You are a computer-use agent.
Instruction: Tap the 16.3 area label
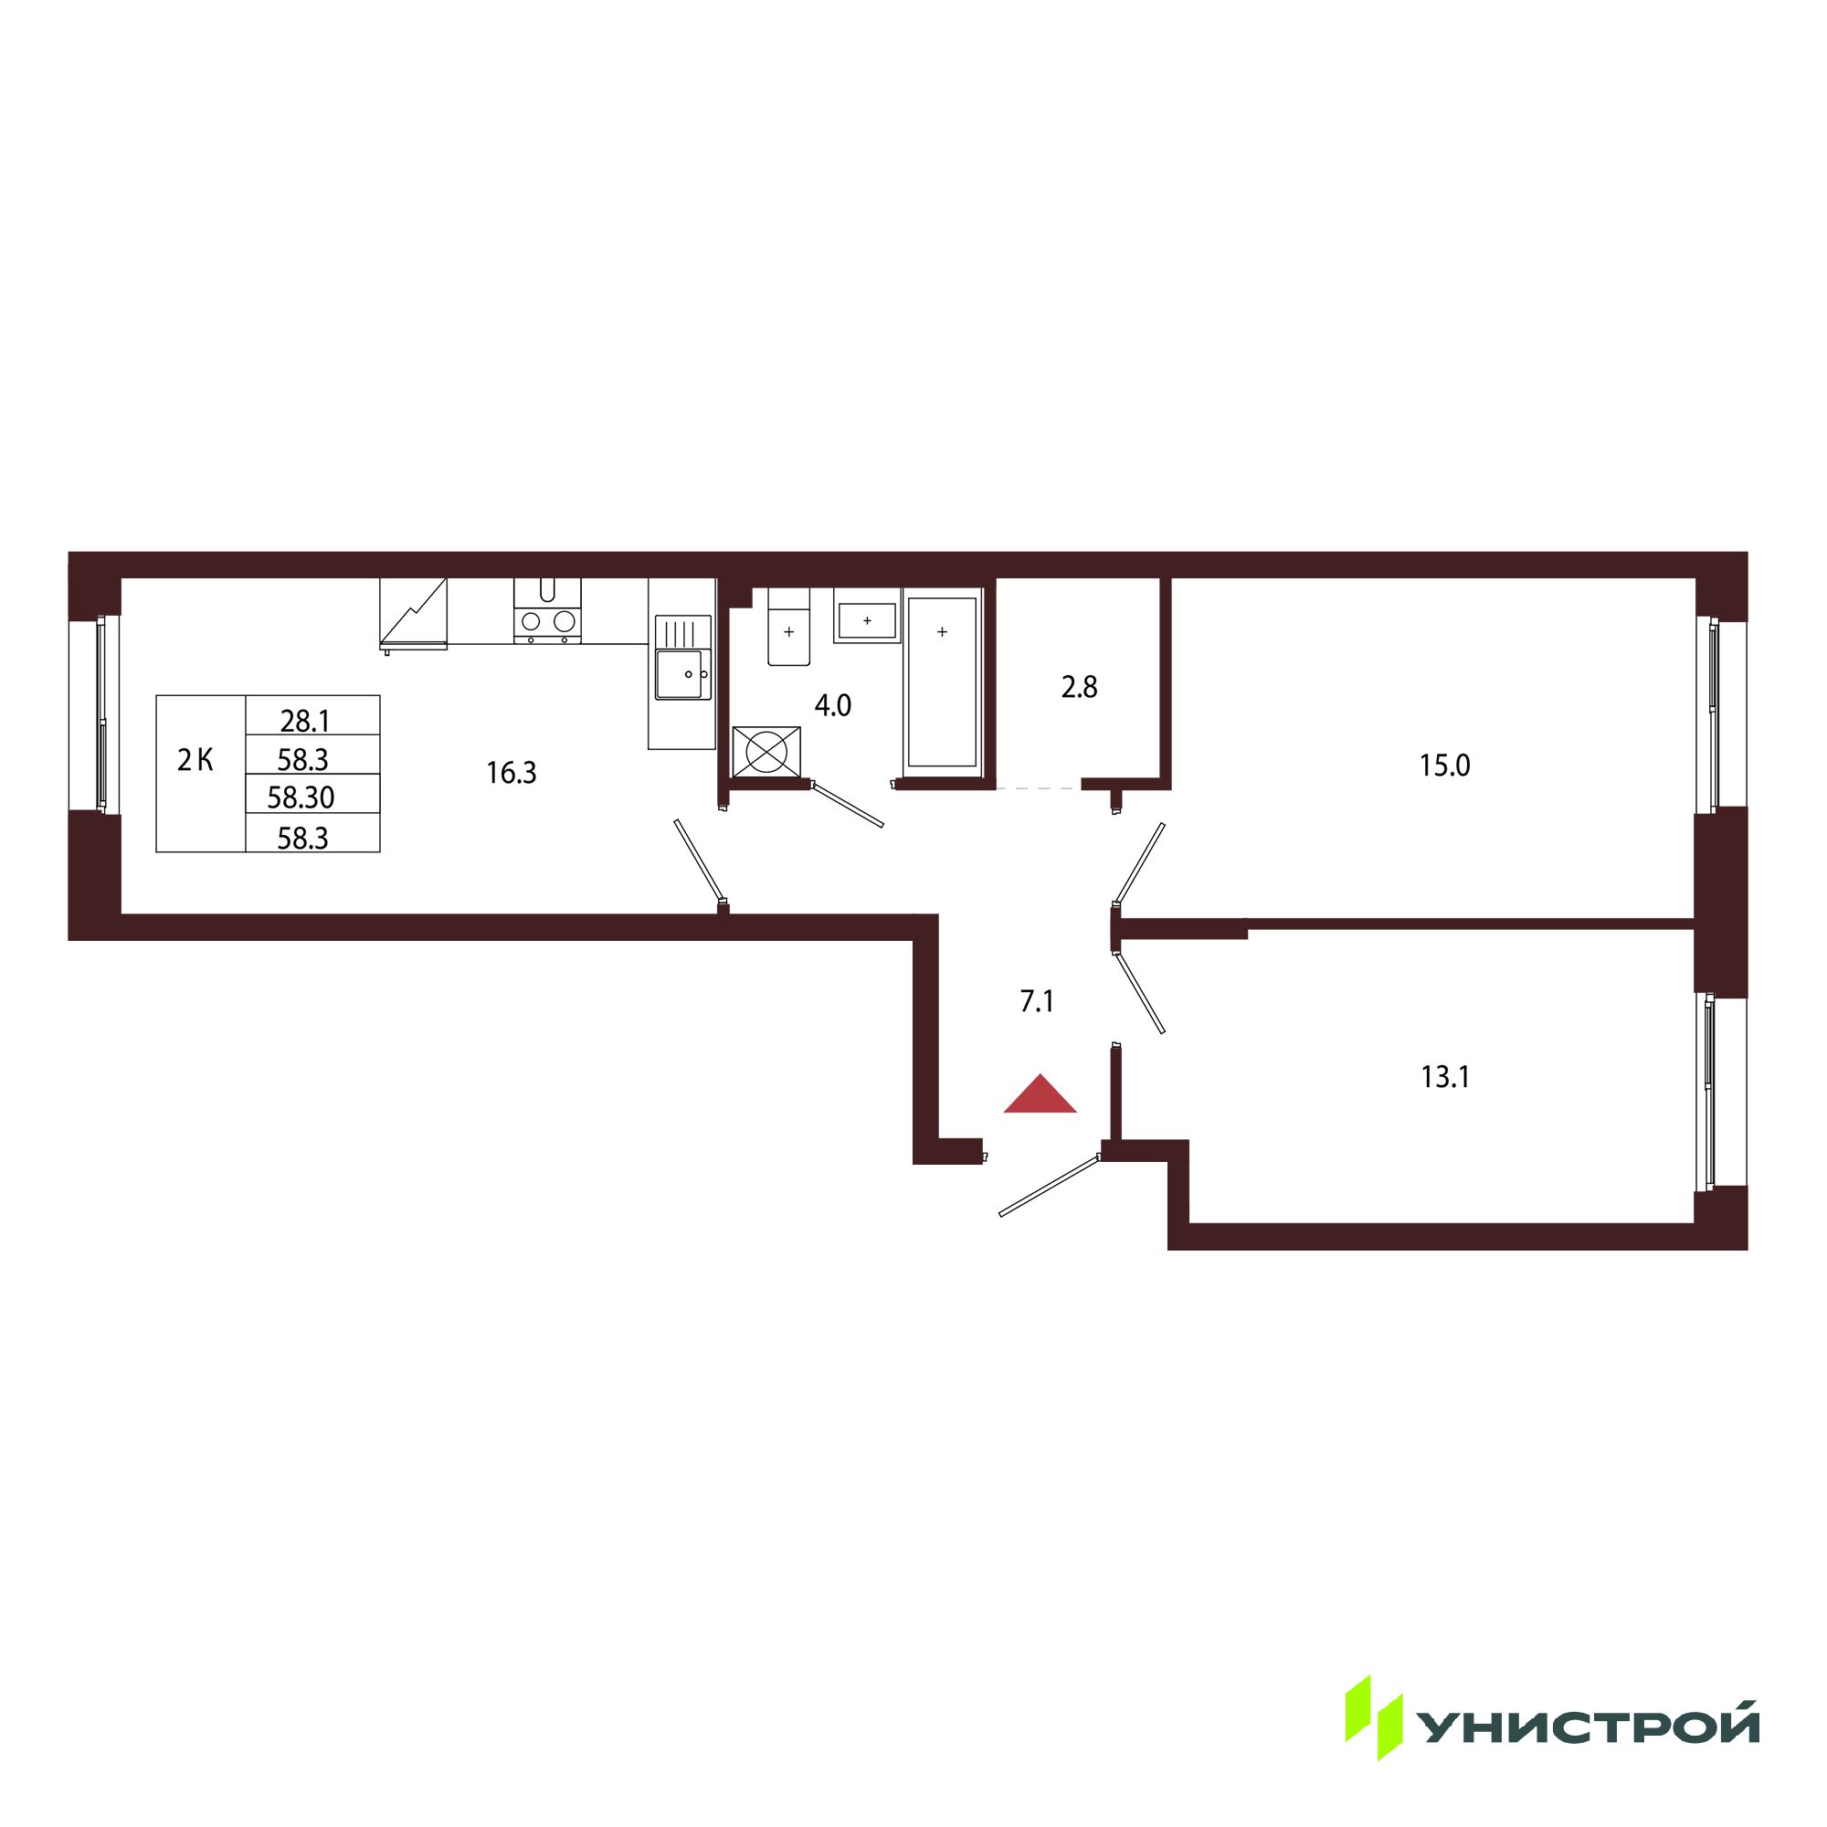512,774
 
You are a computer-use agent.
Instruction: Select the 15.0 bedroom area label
1444,765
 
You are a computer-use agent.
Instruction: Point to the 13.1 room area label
1445,1077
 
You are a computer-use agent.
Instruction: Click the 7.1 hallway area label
1037,1001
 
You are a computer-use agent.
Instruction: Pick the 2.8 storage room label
1079,688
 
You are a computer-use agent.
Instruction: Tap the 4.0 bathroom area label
833,705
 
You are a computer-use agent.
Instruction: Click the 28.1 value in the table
304,722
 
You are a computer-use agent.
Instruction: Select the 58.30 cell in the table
301,797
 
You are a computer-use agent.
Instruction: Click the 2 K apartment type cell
195,759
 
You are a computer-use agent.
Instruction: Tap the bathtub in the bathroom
942,681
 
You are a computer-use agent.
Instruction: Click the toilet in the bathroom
788,626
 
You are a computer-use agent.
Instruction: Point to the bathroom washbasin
866,619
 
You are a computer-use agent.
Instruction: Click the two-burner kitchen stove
547,612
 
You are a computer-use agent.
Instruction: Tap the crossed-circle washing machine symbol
767,752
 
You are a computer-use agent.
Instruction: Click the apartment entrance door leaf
1050,1185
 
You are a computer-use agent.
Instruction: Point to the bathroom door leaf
848,805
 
